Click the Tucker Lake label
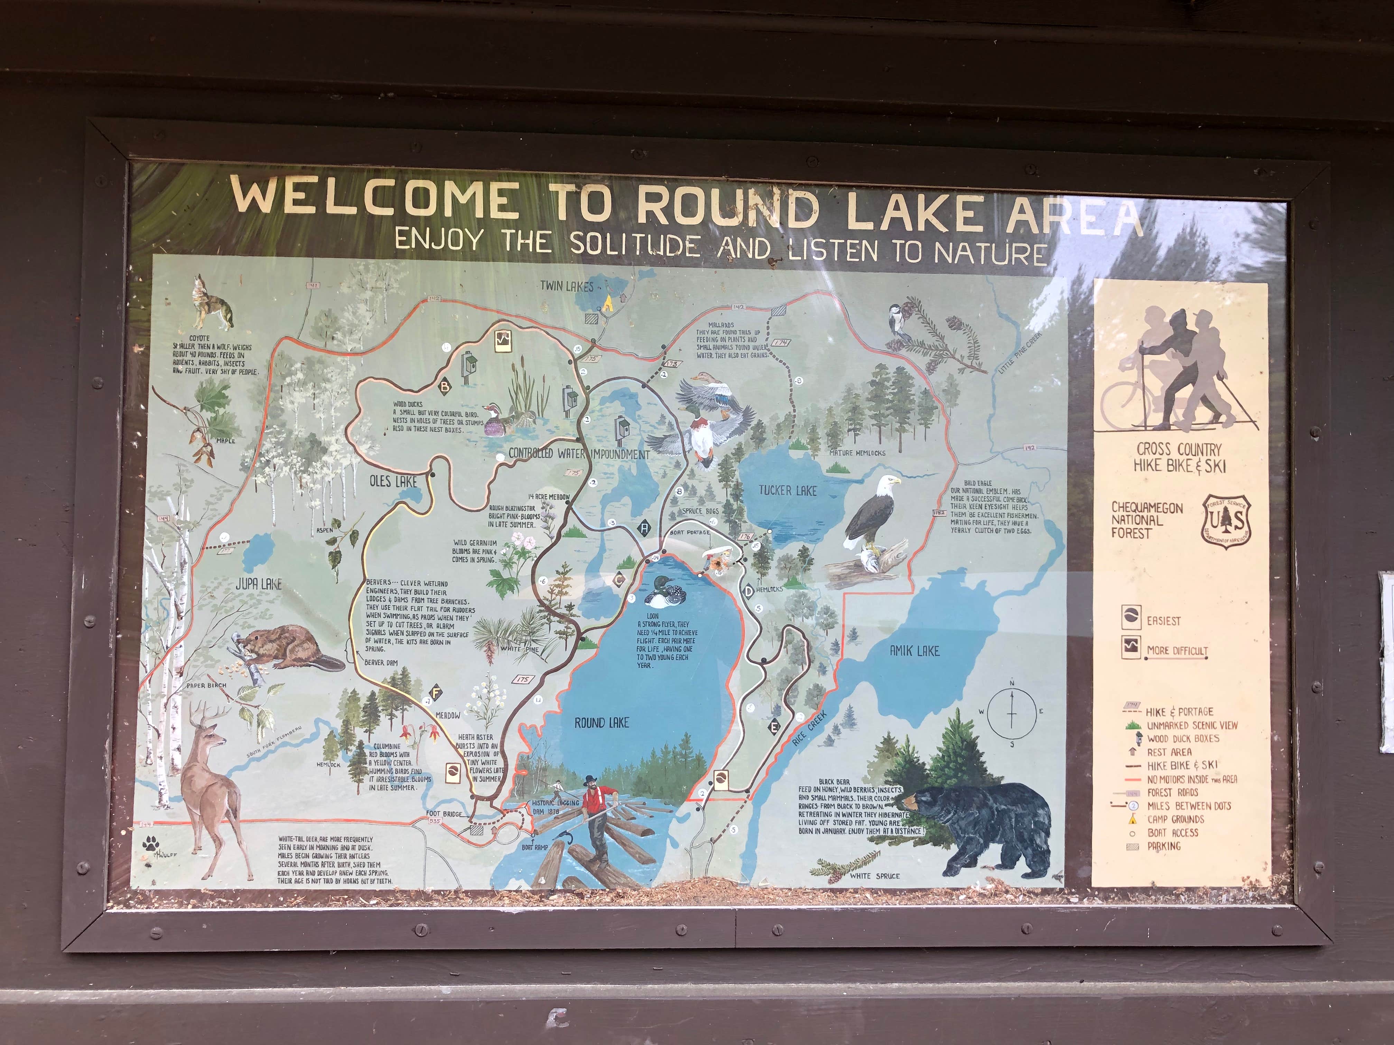coord(787,491)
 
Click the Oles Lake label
coord(393,482)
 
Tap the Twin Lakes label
coord(567,286)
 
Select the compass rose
coord(1012,713)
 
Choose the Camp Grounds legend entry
coord(1175,819)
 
